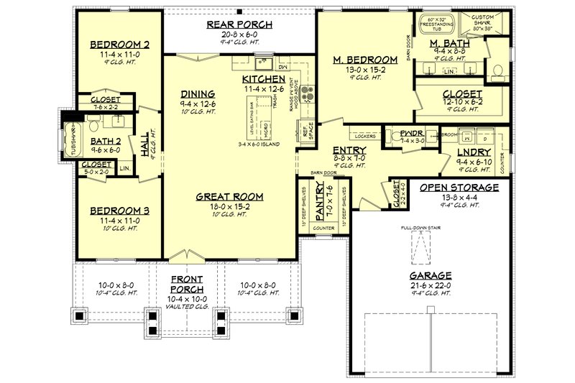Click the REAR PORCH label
click(x=237, y=24)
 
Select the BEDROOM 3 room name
click(x=119, y=211)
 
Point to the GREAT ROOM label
click(x=231, y=195)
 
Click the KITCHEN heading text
click(x=263, y=78)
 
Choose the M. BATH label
click(x=451, y=44)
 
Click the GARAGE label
click(x=432, y=275)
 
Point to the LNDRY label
click(x=474, y=152)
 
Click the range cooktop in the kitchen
click(x=308, y=91)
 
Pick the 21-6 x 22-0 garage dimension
click(x=432, y=285)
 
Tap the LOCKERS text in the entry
click(x=366, y=135)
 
